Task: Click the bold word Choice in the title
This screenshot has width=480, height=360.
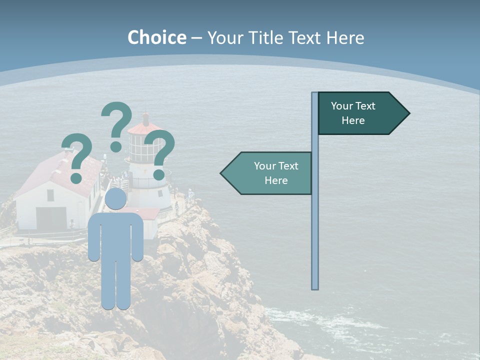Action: (x=156, y=37)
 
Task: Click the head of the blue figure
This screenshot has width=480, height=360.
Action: (x=115, y=199)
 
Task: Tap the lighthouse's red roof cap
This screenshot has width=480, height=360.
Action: (x=145, y=127)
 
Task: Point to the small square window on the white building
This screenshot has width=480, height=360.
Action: (x=50, y=195)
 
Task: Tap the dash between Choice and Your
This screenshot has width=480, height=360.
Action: (x=196, y=38)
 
